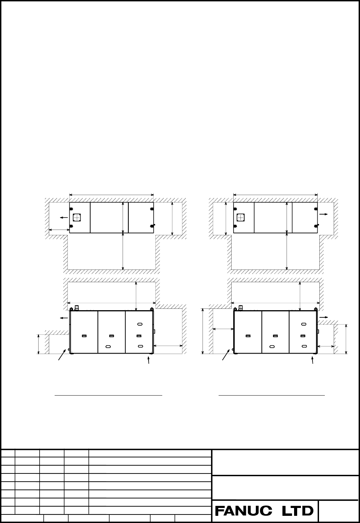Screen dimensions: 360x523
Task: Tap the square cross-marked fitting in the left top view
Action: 77,217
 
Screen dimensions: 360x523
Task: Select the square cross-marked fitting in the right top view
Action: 241,217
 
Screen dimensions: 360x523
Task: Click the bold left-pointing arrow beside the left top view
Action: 64,218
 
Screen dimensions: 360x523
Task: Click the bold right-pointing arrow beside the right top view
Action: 324,214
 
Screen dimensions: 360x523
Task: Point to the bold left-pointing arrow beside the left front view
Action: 64,318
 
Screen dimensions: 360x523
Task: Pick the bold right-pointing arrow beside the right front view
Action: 324,317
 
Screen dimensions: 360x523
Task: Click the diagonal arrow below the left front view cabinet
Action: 62,355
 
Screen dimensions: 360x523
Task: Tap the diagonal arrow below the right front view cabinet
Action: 226,355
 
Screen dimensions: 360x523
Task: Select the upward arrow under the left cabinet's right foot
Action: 149,360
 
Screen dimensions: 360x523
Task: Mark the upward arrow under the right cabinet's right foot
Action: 313,360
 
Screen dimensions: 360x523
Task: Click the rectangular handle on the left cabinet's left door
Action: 84,336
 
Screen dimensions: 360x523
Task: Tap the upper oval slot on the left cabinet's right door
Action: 140,324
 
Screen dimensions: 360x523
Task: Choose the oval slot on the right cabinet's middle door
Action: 272,346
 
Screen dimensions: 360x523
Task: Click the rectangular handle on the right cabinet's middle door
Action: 276,336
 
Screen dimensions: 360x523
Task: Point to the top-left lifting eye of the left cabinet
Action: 71,309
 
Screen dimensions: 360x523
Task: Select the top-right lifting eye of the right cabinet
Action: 316,309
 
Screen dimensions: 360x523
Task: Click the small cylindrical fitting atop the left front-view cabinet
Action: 77,307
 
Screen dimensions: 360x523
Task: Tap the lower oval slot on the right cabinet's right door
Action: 304,346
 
